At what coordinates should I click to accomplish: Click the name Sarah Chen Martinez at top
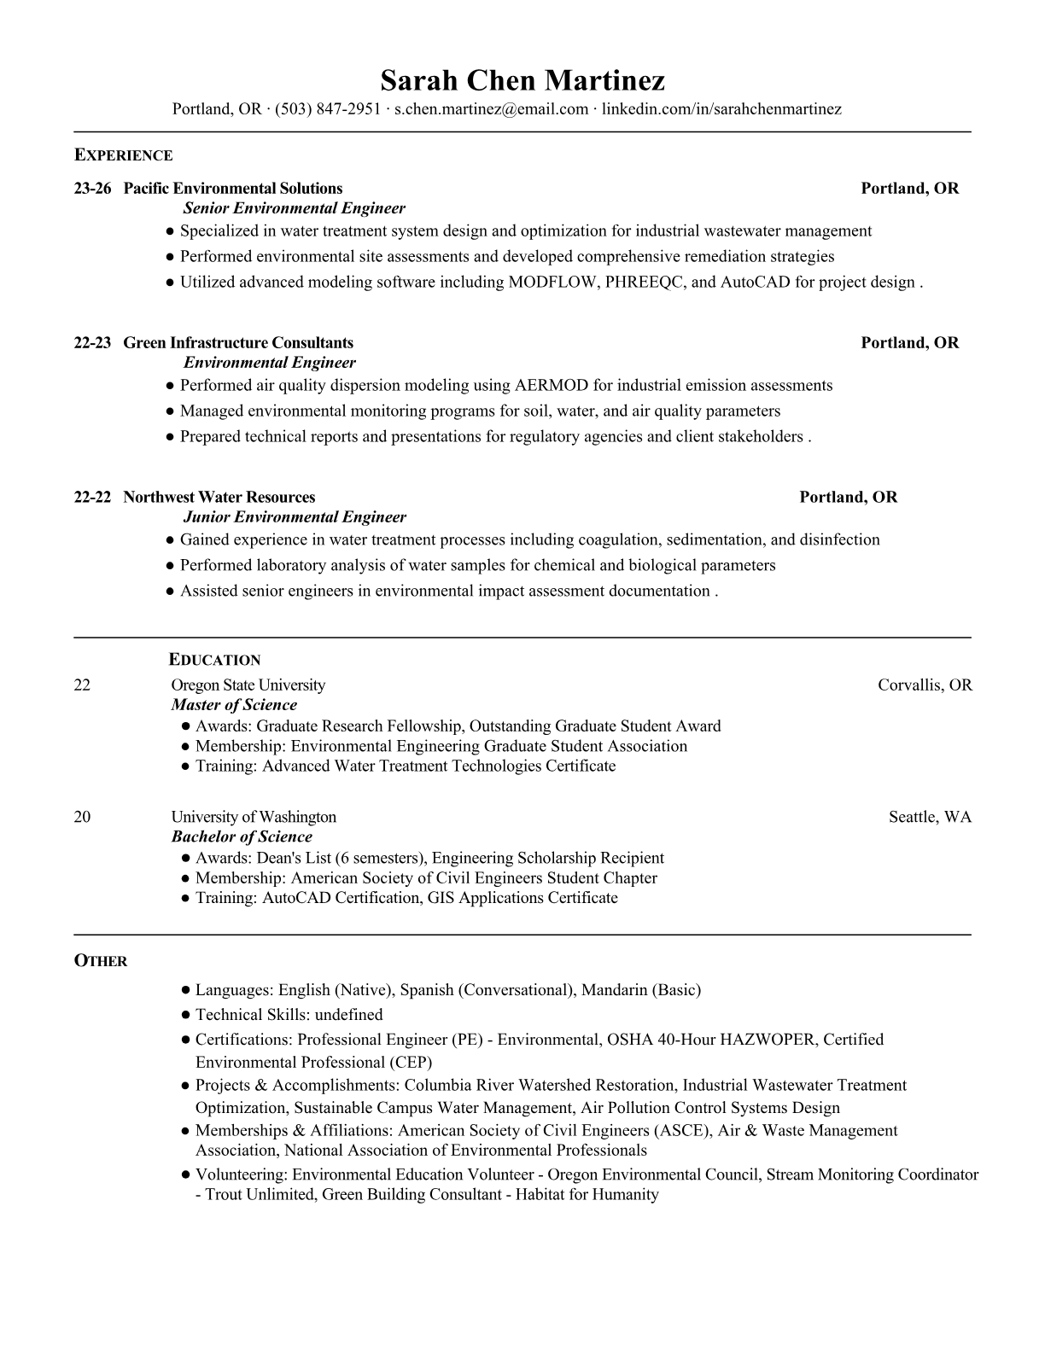click(x=522, y=80)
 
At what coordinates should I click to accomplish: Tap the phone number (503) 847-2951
click(x=328, y=109)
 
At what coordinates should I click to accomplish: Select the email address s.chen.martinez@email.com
click(x=491, y=109)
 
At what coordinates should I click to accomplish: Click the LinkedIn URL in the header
click(x=721, y=109)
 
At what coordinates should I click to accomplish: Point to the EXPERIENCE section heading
click(x=123, y=155)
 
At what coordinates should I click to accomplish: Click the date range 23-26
click(x=92, y=189)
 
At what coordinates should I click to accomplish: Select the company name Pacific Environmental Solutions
click(x=233, y=189)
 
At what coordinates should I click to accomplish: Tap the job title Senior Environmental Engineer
click(x=295, y=208)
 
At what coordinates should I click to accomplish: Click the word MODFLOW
click(x=552, y=283)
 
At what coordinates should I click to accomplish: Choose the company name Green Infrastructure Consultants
click(x=238, y=343)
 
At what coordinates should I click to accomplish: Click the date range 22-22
click(x=92, y=498)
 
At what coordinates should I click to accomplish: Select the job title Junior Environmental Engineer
click(x=295, y=517)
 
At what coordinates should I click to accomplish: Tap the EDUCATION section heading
click(x=214, y=660)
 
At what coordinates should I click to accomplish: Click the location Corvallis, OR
click(x=925, y=685)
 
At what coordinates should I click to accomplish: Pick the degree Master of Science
click(x=234, y=705)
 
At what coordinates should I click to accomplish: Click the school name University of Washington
click(x=254, y=817)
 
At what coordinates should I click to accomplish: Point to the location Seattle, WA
click(x=930, y=817)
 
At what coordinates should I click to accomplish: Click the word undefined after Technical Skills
click(x=348, y=1015)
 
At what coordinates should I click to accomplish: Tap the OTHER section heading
click(x=101, y=961)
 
